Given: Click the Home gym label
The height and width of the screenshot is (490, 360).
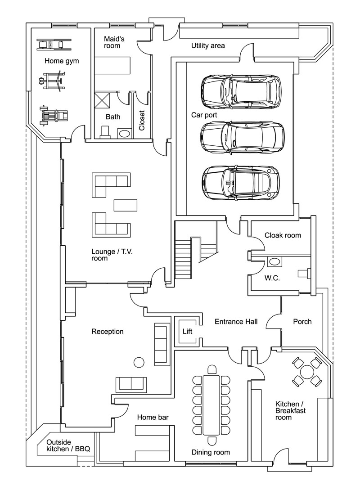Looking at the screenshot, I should [x=62, y=61].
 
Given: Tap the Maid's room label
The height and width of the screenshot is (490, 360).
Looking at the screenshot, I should [x=114, y=42].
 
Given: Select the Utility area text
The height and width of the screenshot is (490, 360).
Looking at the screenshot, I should [x=208, y=45].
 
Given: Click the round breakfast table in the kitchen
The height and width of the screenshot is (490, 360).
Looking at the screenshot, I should [x=307, y=372].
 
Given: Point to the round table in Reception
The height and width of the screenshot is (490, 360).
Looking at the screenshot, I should [x=139, y=362].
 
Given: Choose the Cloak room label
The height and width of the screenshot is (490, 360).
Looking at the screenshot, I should [x=283, y=235].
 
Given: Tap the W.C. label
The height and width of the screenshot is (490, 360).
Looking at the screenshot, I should [x=272, y=279].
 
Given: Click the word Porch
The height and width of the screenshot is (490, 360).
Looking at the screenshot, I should [x=302, y=321].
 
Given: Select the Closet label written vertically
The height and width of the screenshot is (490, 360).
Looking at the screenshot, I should [x=142, y=120].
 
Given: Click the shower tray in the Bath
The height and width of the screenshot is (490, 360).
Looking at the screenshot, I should [x=102, y=100].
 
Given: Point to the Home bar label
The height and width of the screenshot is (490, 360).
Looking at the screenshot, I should [x=153, y=418].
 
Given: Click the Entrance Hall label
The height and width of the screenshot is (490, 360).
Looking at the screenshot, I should [x=236, y=322].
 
